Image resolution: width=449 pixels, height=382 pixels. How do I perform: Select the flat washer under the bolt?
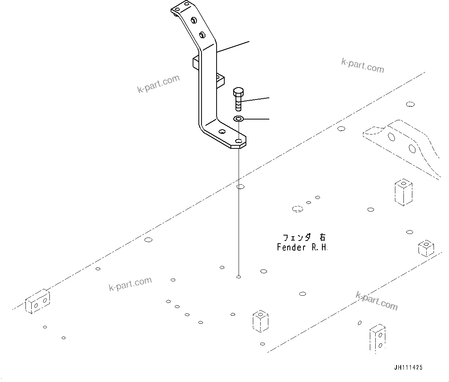[x=238, y=119]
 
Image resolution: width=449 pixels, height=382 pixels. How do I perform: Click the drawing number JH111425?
[x=408, y=368]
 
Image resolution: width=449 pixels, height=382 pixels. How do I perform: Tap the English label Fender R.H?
[x=302, y=247]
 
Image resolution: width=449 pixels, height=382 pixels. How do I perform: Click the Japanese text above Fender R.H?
[x=304, y=237]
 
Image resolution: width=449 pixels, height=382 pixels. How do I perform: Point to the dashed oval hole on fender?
[x=297, y=209]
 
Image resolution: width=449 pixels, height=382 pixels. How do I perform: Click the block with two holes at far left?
[x=37, y=301]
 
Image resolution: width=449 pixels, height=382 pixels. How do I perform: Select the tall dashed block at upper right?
[x=403, y=192]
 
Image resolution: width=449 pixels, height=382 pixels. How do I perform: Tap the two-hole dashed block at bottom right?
[x=377, y=339]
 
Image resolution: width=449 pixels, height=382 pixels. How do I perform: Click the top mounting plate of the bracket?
[x=181, y=9]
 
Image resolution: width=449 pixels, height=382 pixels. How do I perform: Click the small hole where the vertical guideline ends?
[x=239, y=277]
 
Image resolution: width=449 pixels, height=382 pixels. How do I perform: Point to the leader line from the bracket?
[x=233, y=46]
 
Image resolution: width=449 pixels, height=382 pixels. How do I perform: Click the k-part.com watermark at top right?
[x=363, y=66]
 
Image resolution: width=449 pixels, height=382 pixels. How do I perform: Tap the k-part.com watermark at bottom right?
[x=376, y=301]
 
